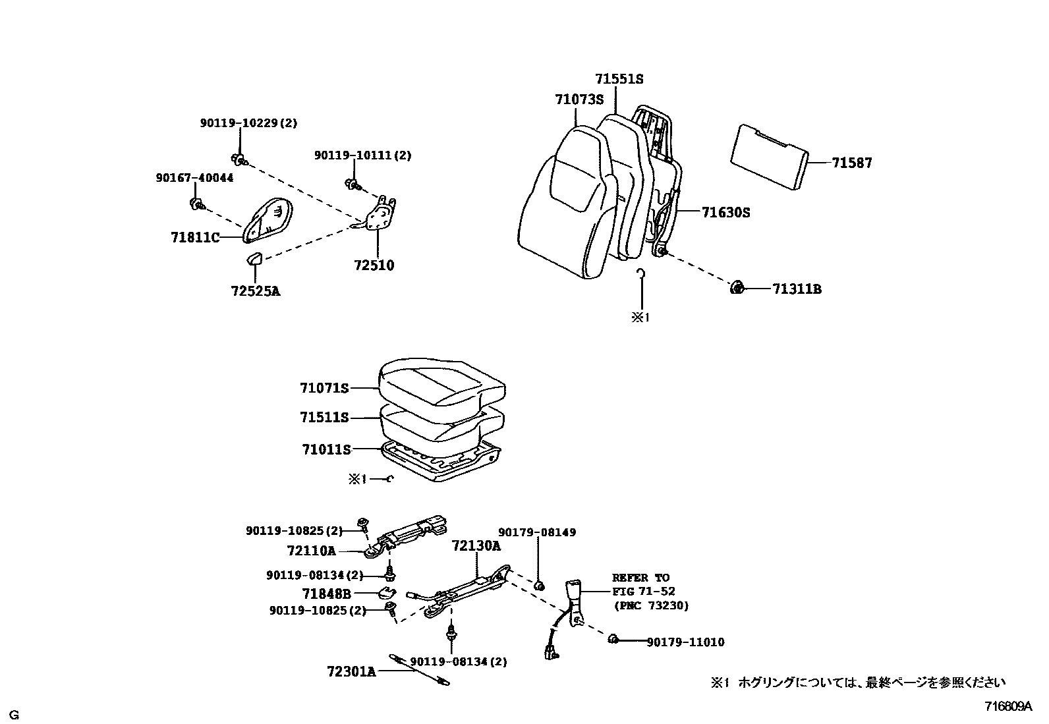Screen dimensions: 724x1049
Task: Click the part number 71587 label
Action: [x=851, y=163]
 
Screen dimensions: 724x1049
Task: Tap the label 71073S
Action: [x=579, y=99]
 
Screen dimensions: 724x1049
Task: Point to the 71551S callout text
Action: [x=619, y=78]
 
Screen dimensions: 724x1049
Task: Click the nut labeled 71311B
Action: [x=737, y=287]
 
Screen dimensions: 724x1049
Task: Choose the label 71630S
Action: [x=725, y=212]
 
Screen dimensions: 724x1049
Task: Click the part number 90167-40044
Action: [x=194, y=178]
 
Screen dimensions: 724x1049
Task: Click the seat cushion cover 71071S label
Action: [x=324, y=388]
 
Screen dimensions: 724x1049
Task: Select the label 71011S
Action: [x=326, y=449]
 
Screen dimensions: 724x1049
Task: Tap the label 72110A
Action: [x=311, y=549]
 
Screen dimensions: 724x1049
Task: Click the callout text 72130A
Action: [x=476, y=545]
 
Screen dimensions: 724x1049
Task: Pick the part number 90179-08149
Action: [x=536, y=532]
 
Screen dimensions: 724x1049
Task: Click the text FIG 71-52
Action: [x=644, y=592]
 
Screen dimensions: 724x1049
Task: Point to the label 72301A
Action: [x=351, y=671]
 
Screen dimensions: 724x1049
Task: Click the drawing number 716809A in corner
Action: [x=1008, y=706]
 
